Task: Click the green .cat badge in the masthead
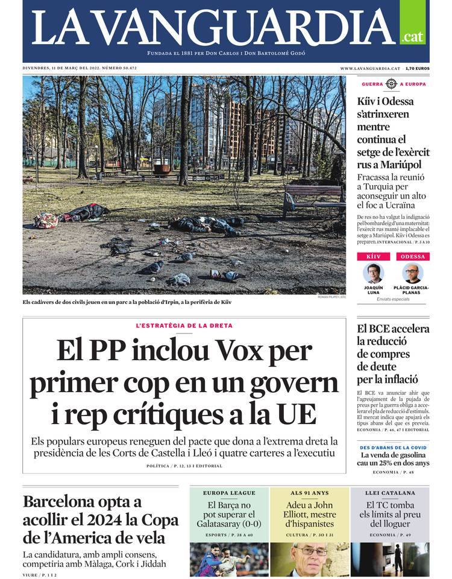(x=413, y=37)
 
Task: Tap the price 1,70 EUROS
(x=418, y=69)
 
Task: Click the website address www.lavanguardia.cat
(x=370, y=69)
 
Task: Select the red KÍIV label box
(x=374, y=256)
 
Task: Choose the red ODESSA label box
(x=413, y=256)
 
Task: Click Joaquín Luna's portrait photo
(x=374, y=273)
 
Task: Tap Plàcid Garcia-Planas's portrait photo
(x=413, y=273)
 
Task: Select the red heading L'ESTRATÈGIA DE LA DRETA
(x=184, y=326)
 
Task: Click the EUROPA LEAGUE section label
(x=229, y=493)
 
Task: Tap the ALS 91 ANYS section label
(x=309, y=493)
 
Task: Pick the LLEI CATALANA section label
(x=391, y=493)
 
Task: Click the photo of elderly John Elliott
(x=310, y=559)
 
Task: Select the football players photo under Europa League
(x=229, y=559)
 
